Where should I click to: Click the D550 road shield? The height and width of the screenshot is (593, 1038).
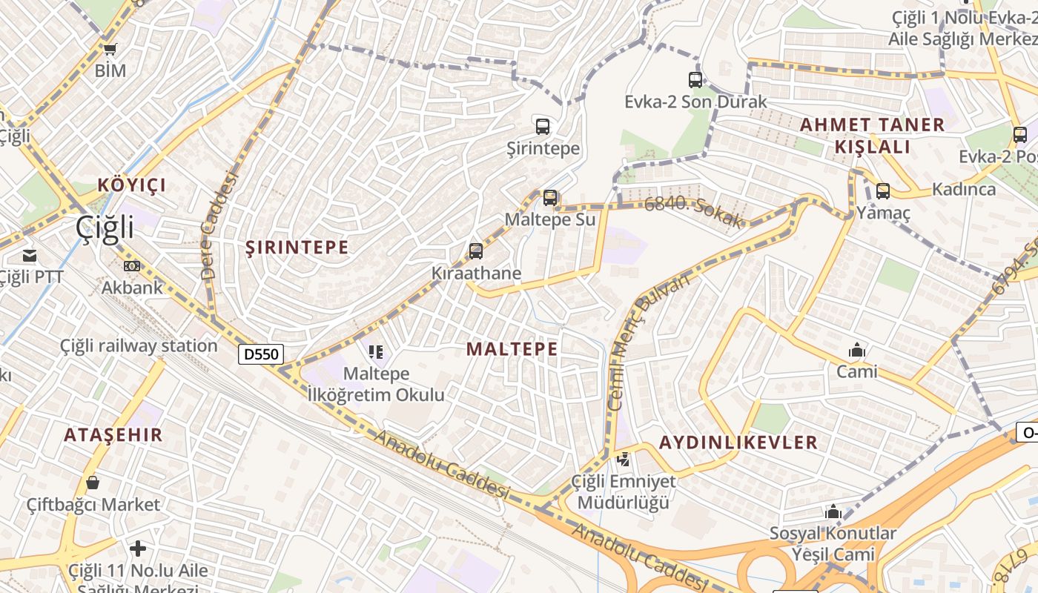261,354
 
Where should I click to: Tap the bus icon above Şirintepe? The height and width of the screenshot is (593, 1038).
543,126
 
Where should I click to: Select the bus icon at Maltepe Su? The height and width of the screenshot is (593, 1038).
549,197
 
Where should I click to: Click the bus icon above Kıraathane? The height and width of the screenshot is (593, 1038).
476,251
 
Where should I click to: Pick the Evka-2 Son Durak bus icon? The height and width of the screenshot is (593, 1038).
695,79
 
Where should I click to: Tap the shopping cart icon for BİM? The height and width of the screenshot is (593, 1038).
110,49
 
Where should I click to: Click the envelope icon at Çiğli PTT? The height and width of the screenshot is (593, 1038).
30,256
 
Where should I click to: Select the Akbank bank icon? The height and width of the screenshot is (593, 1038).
132,265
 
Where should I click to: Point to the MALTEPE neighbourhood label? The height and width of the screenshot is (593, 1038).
512,349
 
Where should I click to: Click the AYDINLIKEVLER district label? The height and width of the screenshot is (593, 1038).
738,443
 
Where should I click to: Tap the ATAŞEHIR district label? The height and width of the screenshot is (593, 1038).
113,435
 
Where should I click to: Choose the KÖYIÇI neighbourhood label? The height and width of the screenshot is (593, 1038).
132,185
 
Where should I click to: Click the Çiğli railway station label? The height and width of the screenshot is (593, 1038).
139,346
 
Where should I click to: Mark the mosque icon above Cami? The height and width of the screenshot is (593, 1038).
857,350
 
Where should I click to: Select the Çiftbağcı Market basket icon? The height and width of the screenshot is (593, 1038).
93,483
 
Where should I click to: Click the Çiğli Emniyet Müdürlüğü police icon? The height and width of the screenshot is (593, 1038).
624,460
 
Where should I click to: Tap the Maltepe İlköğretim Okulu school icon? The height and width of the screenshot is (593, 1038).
376,351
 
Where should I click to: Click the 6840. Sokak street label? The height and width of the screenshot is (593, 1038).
692,212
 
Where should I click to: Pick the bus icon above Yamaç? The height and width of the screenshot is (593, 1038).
882,191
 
